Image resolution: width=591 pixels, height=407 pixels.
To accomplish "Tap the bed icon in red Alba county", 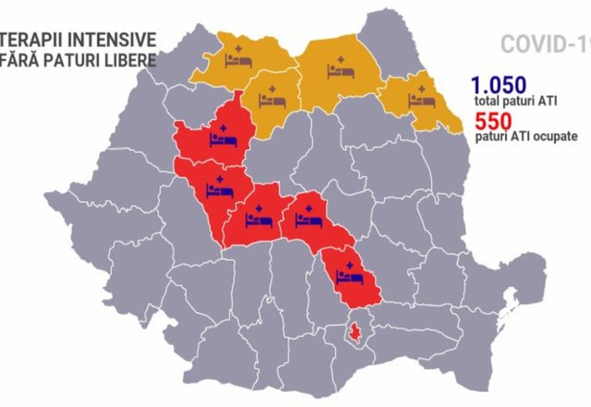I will click(220, 190).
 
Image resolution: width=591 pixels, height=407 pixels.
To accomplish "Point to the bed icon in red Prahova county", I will click(349, 276).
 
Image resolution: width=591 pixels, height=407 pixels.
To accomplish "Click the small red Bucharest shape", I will click(355, 334).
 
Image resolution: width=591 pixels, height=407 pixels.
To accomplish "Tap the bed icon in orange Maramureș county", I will click(239, 60).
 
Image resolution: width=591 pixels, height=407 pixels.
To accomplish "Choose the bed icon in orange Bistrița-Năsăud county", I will click(272, 101).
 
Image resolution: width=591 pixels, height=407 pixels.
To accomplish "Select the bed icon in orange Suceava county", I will click(340, 71).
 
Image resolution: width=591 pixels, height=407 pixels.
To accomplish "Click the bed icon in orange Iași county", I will click(422, 100).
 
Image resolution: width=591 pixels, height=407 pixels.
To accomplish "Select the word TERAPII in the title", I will click(34, 40).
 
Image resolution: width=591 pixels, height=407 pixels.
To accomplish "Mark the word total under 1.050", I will click(486, 101).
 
